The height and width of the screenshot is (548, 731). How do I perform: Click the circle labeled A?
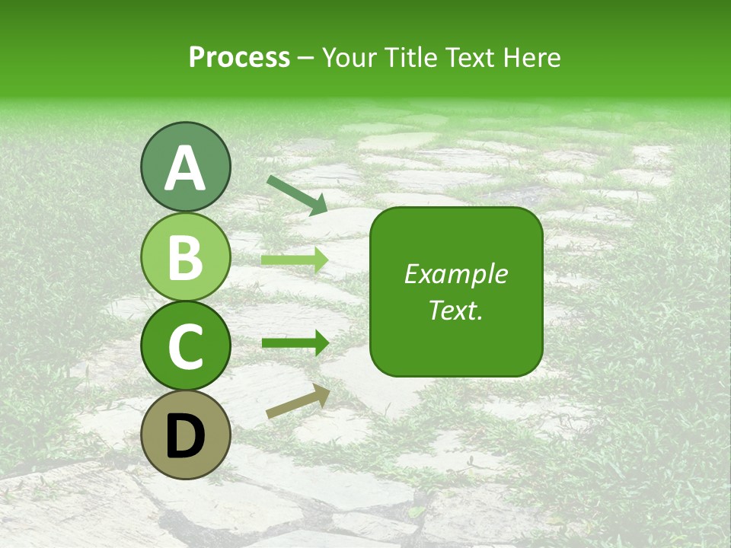click(185, 167)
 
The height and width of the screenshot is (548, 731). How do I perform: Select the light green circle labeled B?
click(185, 257)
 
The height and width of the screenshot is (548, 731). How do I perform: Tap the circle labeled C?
click(185, 346)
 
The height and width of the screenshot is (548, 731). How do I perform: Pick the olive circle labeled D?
click(185, 435)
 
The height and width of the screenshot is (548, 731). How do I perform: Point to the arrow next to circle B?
click(295, 260)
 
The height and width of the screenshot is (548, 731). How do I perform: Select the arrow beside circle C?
click(295, 343)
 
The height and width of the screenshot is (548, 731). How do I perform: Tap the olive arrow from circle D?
click(298, 402)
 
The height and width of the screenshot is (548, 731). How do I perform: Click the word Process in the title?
click(239, 58)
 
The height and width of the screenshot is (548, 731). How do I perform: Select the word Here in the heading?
click(530, 58)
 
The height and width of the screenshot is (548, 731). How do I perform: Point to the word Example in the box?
click(456, 274)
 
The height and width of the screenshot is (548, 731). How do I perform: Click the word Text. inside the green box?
click(456, 311)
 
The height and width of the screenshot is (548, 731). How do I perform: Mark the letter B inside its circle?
click(185, 257)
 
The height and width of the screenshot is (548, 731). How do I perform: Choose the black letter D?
click(185, 436)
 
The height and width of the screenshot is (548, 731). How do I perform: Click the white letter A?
click(185, 168)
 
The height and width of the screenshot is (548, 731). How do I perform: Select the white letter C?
click(185, 347)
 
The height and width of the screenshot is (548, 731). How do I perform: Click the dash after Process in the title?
click(306, 59)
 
